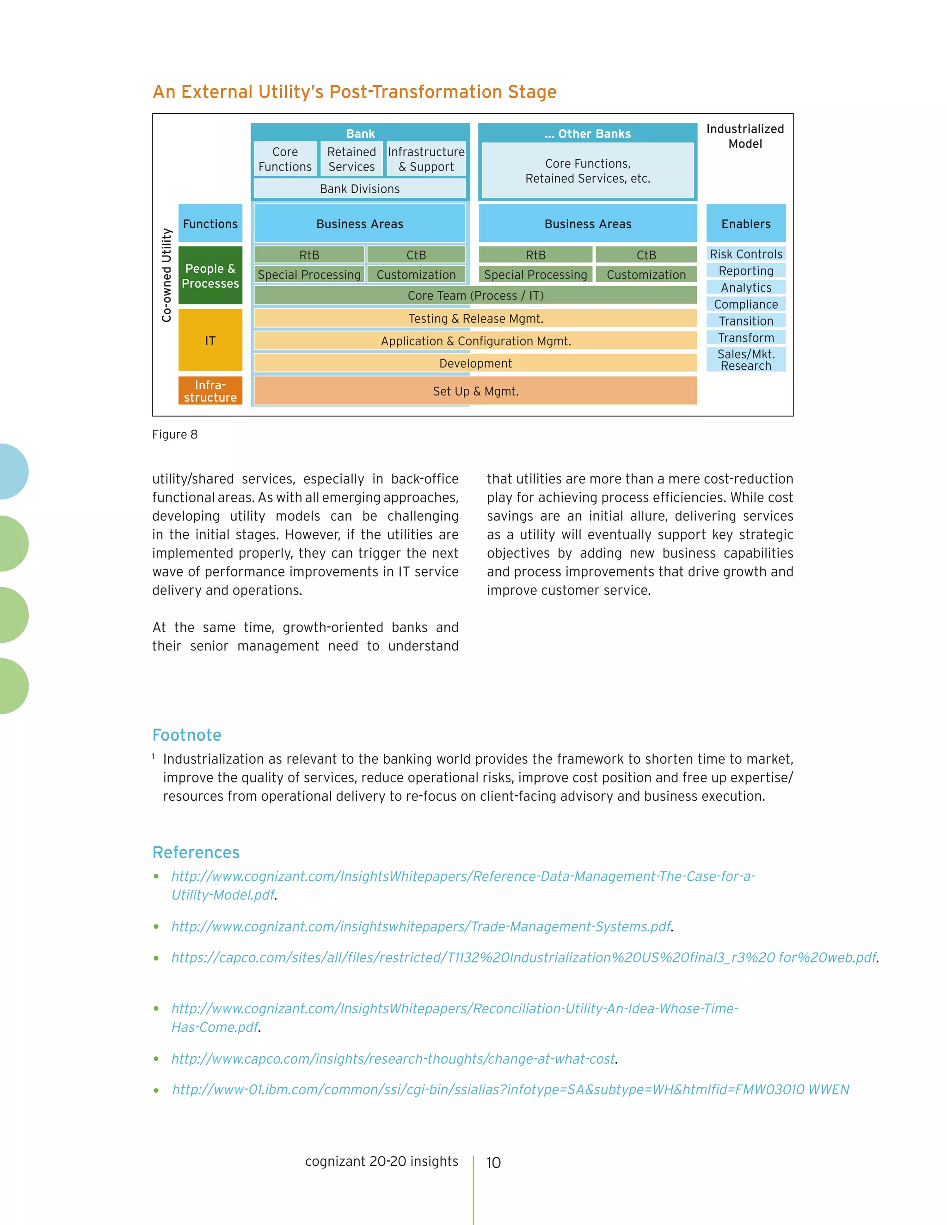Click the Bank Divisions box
point(360,189)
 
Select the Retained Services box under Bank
point(352,159)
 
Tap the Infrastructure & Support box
point(426,159)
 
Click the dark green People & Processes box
point(210,276)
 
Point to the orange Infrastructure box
point(210,391)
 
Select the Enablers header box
point(745,223)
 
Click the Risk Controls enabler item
point(745,254)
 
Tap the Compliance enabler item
point(745,304)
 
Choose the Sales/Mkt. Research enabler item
point(745,360)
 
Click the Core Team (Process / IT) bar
point(475,295)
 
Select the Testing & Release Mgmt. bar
point(475,318)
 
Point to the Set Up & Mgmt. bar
point(475,391)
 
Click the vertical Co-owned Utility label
point(166,275)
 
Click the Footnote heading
point(187,735)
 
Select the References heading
point(196,852)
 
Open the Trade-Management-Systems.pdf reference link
point(421,926)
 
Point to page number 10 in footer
point(493,1162)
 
